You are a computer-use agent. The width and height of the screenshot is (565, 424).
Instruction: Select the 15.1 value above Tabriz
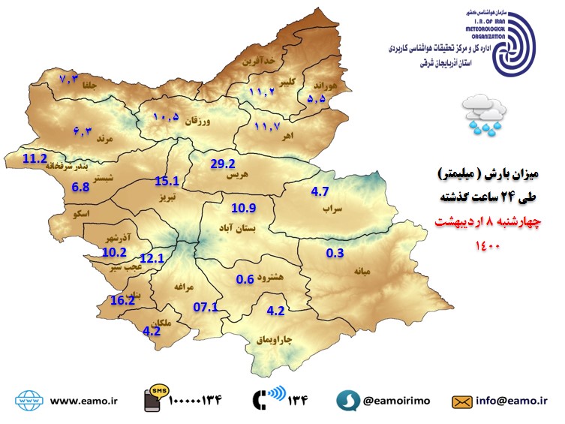tap(166, 181)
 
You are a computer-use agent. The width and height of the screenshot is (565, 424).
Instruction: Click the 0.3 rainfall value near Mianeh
tap(335, 253)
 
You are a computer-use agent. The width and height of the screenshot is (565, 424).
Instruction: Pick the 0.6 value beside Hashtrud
tap(245, 279)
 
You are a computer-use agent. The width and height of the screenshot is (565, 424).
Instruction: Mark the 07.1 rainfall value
tap(205, 306)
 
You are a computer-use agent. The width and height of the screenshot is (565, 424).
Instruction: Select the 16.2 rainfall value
tap(122, 299)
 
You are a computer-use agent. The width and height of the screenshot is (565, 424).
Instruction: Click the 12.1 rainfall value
tap(152, 258)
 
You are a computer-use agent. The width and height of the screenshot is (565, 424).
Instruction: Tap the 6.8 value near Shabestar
tap(80, 187)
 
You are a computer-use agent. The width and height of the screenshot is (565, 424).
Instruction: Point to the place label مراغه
tap(184, 287)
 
